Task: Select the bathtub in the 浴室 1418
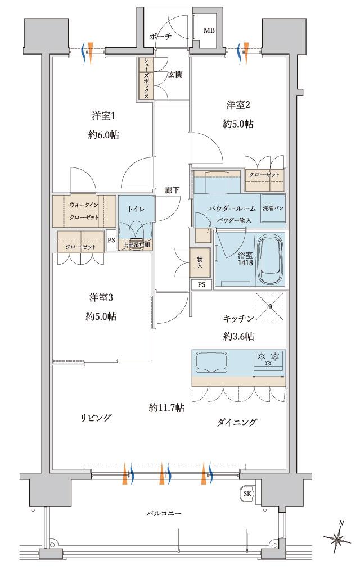click(x=271, y=259)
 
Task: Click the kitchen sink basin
click(x=212, y=361)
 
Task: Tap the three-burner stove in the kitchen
click(x=268, y=359)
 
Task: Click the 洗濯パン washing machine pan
click(x=273, y=209)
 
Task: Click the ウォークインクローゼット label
click(x=85, y=210)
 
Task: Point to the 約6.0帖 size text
click(x=103, y=135)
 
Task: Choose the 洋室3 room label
click(x=101, y=297)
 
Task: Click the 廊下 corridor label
click(x=173, y=190)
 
